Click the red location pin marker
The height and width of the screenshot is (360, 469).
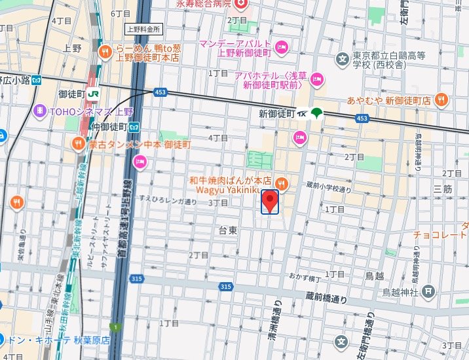click(x=270, y=200)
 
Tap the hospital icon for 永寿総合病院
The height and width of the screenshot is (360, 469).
click(x=242, y=4)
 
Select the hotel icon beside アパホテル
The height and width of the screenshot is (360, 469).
click(x=318, y=80)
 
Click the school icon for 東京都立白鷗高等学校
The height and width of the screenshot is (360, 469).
click(x=342, y=60)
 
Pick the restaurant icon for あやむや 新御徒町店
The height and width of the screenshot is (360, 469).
click(x=442, y=100)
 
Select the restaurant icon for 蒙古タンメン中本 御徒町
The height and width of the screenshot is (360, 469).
click(x=78, y=143)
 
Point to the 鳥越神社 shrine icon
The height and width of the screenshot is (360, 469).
click(x=428, y=291)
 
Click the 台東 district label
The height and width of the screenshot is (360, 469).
click(x=228, y=230)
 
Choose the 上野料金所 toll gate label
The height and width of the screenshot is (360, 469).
click(x=143, y=29)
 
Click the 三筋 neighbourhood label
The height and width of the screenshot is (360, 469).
click(x=443, y=189)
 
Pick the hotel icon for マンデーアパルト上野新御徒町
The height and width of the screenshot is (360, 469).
click(x=282, y=46)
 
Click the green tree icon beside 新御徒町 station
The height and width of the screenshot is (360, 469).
click(x=317, y=113)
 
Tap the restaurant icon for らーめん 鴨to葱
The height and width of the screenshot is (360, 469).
click(x=104, y=52)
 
